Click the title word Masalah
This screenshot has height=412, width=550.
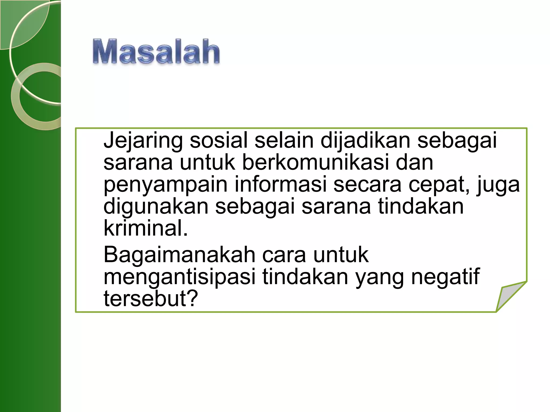point(156,51)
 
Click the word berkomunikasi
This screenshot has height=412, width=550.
point(315,162)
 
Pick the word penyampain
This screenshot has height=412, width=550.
point(165,185)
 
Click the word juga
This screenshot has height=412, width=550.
point(498,185)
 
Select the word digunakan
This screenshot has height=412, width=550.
point(156,207)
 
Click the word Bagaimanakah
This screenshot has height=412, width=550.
point(179,255)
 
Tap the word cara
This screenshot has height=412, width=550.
point(284,255)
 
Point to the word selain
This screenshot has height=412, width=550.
point(284,140)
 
